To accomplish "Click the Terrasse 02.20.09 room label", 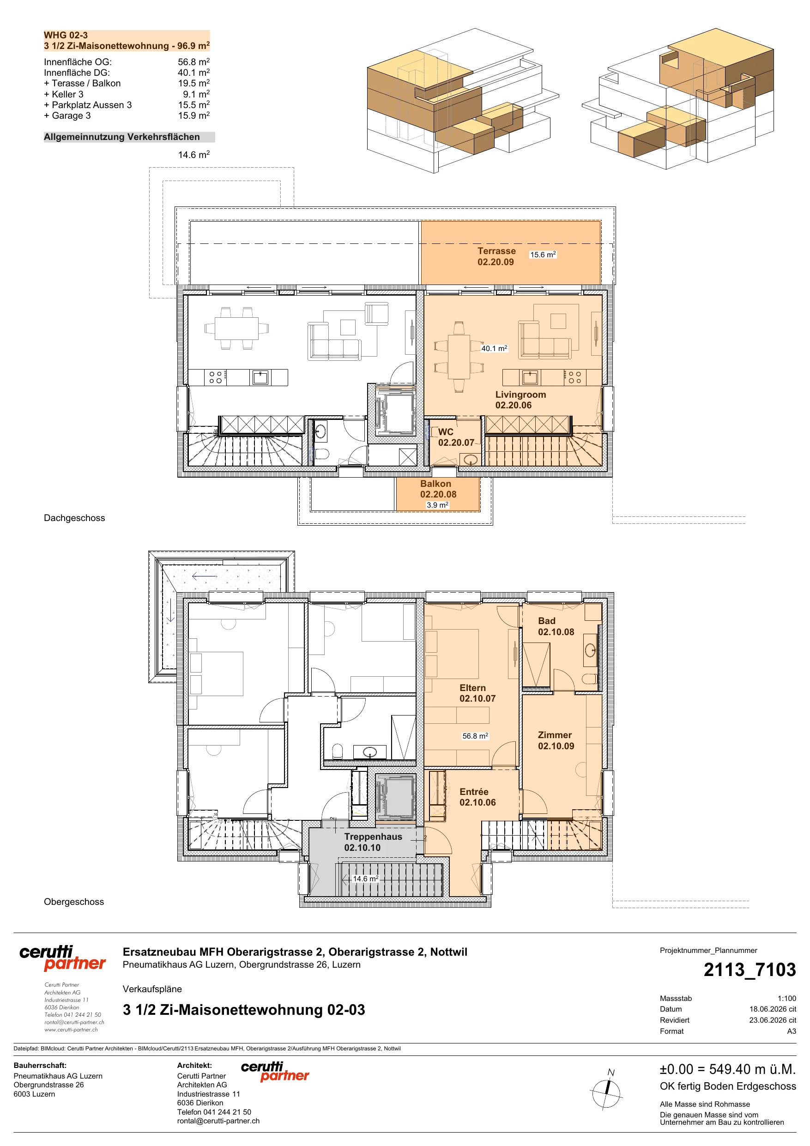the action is tap(496, 256).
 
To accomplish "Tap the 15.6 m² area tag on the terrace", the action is tap(543, 255).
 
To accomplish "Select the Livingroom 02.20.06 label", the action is tap(520, 400).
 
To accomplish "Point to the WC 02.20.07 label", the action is tap(456, 437).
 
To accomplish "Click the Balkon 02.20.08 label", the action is tap(438, 489).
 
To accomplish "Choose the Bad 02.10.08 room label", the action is tap(556, 626).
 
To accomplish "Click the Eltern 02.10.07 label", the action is tap(478, 693).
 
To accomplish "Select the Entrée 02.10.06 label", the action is tap(478, 797).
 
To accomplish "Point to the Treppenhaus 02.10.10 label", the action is tap(373, 842).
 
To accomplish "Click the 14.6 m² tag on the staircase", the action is tap(366, 879).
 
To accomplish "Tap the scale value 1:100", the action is tap(786, 998).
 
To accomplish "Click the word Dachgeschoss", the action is tap(74, 518).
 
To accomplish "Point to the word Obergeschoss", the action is tap(74, 902).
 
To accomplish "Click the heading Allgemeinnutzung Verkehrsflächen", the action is tap(122, 137).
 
